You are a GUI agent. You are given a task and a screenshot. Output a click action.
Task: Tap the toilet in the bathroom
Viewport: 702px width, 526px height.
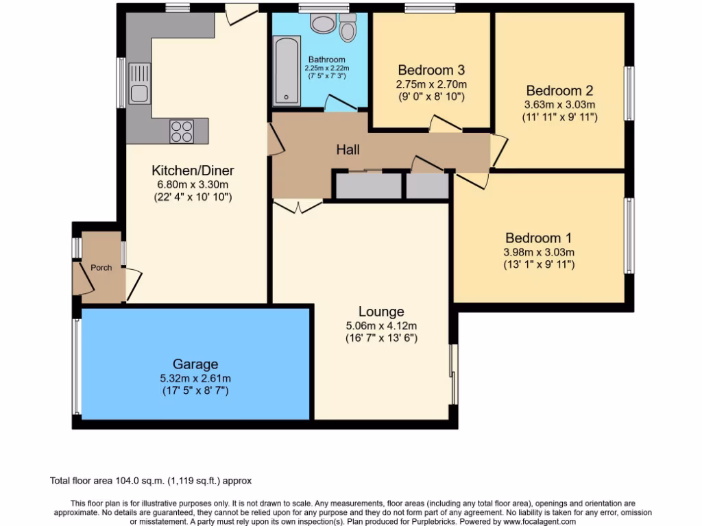pos(348,28)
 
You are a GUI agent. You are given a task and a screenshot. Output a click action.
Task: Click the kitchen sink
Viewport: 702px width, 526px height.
pos(139,83)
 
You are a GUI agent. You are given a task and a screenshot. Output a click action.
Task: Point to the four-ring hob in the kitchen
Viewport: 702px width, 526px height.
pos(182,131)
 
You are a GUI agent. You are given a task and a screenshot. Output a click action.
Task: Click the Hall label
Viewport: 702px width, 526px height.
pos(348,150)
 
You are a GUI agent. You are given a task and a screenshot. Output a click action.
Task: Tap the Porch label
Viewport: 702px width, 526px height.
pos(101,267)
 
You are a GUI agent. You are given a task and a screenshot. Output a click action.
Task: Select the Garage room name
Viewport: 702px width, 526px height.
pos(195,364)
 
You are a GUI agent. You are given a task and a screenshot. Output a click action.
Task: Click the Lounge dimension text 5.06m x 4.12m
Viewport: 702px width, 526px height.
pos(381,326)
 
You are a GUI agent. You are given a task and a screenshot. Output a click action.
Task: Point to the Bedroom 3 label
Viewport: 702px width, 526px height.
pos(431,70)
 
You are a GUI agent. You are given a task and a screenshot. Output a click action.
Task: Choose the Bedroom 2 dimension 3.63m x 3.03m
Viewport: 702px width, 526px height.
pos(559,105)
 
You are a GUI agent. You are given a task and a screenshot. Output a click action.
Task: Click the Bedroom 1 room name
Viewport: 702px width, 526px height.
pos(538,238)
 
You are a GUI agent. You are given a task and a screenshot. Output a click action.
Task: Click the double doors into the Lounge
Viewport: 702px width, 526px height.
pos(298,205)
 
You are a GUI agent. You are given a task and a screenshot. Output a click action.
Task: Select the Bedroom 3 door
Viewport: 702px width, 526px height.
pos(445,123)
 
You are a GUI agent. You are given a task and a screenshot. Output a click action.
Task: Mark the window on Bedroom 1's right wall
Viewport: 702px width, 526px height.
pos(628,236)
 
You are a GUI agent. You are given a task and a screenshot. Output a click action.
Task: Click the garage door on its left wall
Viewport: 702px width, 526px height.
pos(77,366)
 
